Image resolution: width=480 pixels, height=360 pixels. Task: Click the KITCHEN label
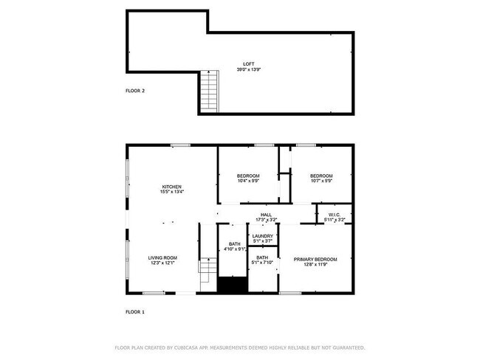(171, 187)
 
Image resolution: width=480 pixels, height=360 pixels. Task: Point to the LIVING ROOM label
(164, 258)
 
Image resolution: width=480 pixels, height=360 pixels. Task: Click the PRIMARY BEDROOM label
(315, 259)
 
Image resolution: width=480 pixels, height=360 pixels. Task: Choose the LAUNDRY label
(263, 236)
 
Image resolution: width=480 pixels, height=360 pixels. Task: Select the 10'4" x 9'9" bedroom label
(248, 181)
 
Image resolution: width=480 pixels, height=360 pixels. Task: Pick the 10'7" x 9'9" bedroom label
(321, 181)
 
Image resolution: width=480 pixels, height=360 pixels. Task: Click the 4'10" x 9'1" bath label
(234, 249)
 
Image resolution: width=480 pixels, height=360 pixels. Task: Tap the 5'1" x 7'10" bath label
(262, 262)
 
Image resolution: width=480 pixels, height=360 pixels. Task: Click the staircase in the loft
(210, 91)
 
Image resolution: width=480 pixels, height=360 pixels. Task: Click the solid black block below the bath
(232, 285)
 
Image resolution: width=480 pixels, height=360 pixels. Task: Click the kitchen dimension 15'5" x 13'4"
(171, 192)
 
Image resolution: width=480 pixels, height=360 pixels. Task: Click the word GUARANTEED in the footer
(347, 347)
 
